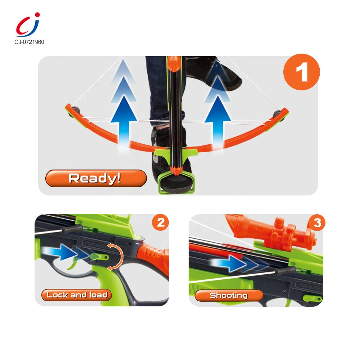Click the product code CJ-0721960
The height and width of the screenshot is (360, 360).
click(x=29, y=42)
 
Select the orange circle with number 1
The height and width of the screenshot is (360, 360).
click(x=301, y=72)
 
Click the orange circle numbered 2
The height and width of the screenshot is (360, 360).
click(x=161, y=222)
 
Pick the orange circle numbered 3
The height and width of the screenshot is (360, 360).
click(x=317, y=223)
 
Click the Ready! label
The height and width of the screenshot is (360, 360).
click(x=96, y=178)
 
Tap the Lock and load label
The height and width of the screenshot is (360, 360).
click(x=76, y=295)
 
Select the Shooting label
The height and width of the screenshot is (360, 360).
click(x=229, y=296)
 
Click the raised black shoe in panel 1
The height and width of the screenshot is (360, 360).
click(x=220, y=76)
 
